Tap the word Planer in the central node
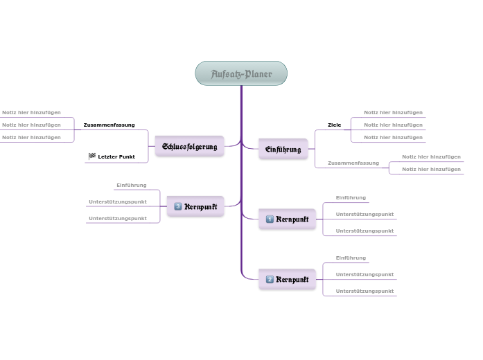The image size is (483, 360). (x=257, y=74)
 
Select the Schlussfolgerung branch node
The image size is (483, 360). (x=189, y=147)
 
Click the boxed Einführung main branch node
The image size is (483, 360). (x=283, y=149)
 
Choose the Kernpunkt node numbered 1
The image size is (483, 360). (x=287, y=219)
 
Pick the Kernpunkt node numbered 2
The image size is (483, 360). (x=287, y=280)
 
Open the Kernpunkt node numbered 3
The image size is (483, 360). (x=195, y=206)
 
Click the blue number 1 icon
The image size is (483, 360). (x=270, y=219)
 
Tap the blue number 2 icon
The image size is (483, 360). (x=270, y=280)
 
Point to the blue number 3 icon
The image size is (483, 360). (x=178, y=206)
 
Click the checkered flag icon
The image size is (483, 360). (x=92, y=156)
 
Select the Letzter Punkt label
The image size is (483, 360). (x=116, y=157)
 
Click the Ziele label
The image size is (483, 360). (x=334, y=125)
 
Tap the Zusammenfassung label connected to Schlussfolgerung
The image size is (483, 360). (x=109, y=125)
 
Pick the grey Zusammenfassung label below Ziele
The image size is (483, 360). (x=353, y=163)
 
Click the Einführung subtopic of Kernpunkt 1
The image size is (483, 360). (x=351, y=198)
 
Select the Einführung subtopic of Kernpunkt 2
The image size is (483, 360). (x=351, y=258)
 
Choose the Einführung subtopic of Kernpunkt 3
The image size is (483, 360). (x=132, y=186)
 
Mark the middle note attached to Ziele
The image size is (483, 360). (x=393, y=125)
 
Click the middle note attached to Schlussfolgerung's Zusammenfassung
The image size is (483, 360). (x=31, y=125)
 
